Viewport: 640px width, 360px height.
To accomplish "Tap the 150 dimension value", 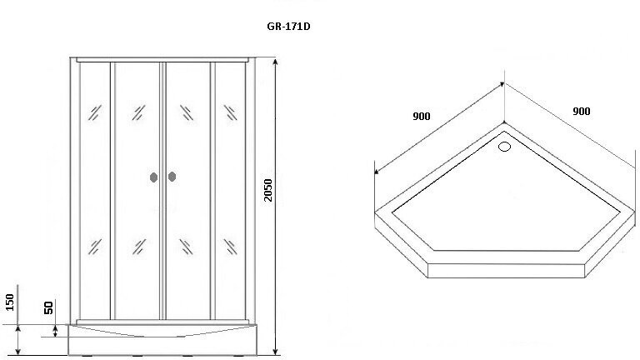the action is coord(10,302).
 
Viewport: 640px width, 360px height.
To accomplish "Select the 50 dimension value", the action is coord(50,307).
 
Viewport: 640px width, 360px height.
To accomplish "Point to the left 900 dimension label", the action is coord(421,116).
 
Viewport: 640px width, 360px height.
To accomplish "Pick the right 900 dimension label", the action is coord(582,111).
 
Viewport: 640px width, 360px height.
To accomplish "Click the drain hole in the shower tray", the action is coord(504,148).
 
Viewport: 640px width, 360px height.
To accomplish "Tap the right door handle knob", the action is coord(172,177).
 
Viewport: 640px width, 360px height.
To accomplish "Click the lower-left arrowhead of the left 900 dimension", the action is coord(377,172).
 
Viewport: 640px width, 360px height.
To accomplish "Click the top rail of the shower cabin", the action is coord(163,60).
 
